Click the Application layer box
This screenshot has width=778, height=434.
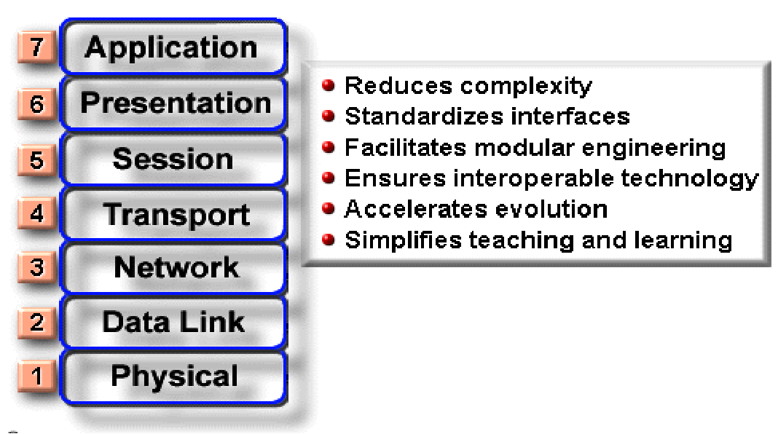173,47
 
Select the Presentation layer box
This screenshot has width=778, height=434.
173,103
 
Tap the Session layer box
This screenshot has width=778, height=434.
173,159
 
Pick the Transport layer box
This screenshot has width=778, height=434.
173,214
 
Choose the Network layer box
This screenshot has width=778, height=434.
173,268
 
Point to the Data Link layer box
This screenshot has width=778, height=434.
173,323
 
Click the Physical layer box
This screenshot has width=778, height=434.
173,376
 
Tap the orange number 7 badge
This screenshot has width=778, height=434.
36,47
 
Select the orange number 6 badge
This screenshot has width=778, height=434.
36,104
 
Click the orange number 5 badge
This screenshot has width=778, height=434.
36,159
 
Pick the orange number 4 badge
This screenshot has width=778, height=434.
36,213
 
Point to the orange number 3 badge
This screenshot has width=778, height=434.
36,267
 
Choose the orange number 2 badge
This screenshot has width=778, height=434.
36,323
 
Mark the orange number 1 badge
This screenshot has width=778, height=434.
36,376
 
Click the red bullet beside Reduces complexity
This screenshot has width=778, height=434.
328,84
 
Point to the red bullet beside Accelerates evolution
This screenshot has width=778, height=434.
328,208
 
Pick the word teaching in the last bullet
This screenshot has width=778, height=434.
522,240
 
